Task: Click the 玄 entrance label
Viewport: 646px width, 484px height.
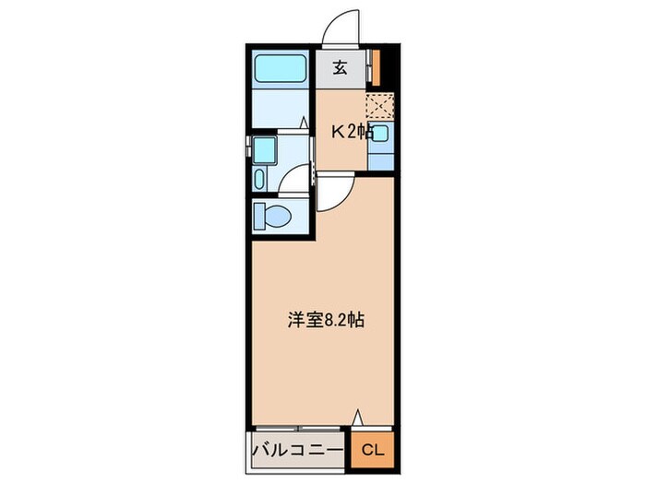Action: (340, 67)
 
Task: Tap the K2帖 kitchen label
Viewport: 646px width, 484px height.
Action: (353, 132)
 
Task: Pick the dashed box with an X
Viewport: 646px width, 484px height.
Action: (380, 106)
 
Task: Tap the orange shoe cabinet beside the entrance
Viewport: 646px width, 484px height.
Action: (377, 67)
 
